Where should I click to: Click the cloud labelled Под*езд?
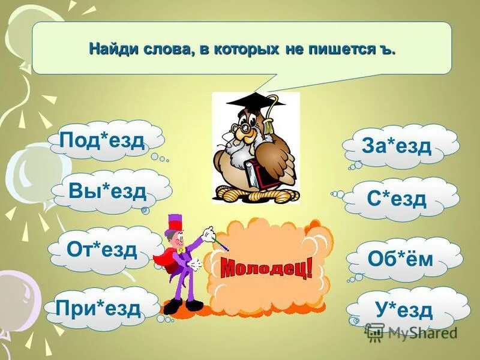103,140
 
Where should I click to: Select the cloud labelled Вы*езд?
108,191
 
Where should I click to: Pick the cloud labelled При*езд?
98,308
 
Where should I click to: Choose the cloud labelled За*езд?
397,146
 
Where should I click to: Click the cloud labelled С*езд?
397,197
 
